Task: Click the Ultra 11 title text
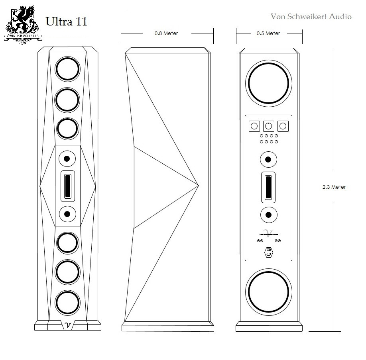(66, 22)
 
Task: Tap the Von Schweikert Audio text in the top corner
(311, 16)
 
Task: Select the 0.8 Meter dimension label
(166, 33)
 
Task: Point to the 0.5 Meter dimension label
(268, 33)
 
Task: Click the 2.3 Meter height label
(334, 187)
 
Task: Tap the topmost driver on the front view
(67, 69)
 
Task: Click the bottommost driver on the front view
(67, 302)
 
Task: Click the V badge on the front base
(67, 325)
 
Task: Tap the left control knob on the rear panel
(254, 127)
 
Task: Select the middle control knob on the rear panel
(268, 127)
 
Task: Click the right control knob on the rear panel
(283, 127)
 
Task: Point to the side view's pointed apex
(198, 185)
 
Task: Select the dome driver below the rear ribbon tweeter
(268, 215)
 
